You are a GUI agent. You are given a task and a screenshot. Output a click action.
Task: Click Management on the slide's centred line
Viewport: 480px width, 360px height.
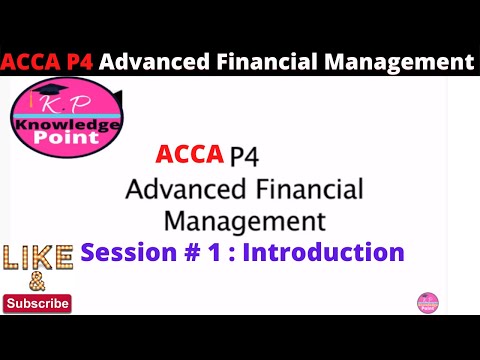coord(244,219)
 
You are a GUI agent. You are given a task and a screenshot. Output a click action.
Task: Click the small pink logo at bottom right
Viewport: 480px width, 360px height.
coord(427,303)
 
